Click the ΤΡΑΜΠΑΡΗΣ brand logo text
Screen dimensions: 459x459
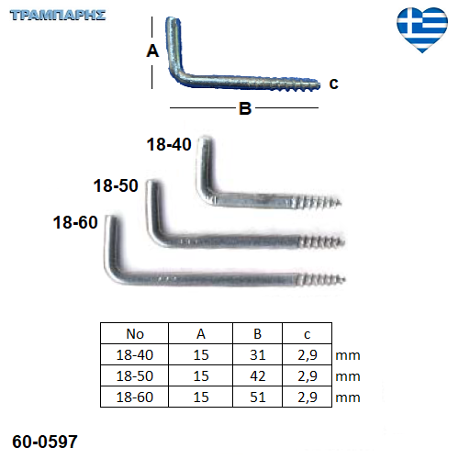point(58,16)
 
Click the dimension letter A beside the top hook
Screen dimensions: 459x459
point(152,50)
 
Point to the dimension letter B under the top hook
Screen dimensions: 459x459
point(245,108)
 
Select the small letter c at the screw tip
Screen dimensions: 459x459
point(333,84)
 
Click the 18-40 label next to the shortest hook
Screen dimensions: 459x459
point(169,144)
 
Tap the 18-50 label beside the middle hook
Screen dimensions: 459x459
point(116,185)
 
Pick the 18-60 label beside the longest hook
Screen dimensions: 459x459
point(75,222)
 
